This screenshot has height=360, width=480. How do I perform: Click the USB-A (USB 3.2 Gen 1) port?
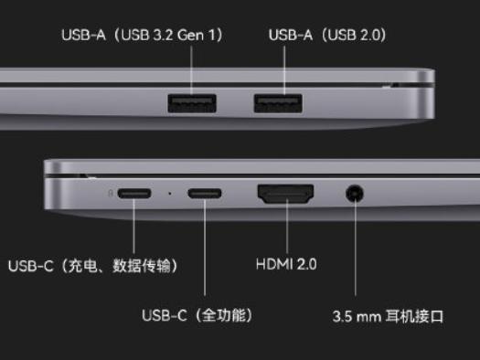(x=192, y=103)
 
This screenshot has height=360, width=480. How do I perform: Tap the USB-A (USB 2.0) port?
(x=280, y=103)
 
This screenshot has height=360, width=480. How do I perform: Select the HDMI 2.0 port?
(x=286, y=194)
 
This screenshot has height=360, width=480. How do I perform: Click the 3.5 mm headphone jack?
(x=355, y=194)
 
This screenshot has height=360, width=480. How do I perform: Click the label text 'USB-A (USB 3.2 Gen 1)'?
(x=143, y=36)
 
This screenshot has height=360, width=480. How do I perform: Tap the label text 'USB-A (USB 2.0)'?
(x=326, y=36)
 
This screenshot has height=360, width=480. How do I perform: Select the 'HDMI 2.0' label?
(x=286, y=265)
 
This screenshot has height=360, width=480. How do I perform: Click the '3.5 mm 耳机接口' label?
(x=388, y=318)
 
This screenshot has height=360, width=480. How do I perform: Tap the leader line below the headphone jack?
(x=355, y=256)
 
